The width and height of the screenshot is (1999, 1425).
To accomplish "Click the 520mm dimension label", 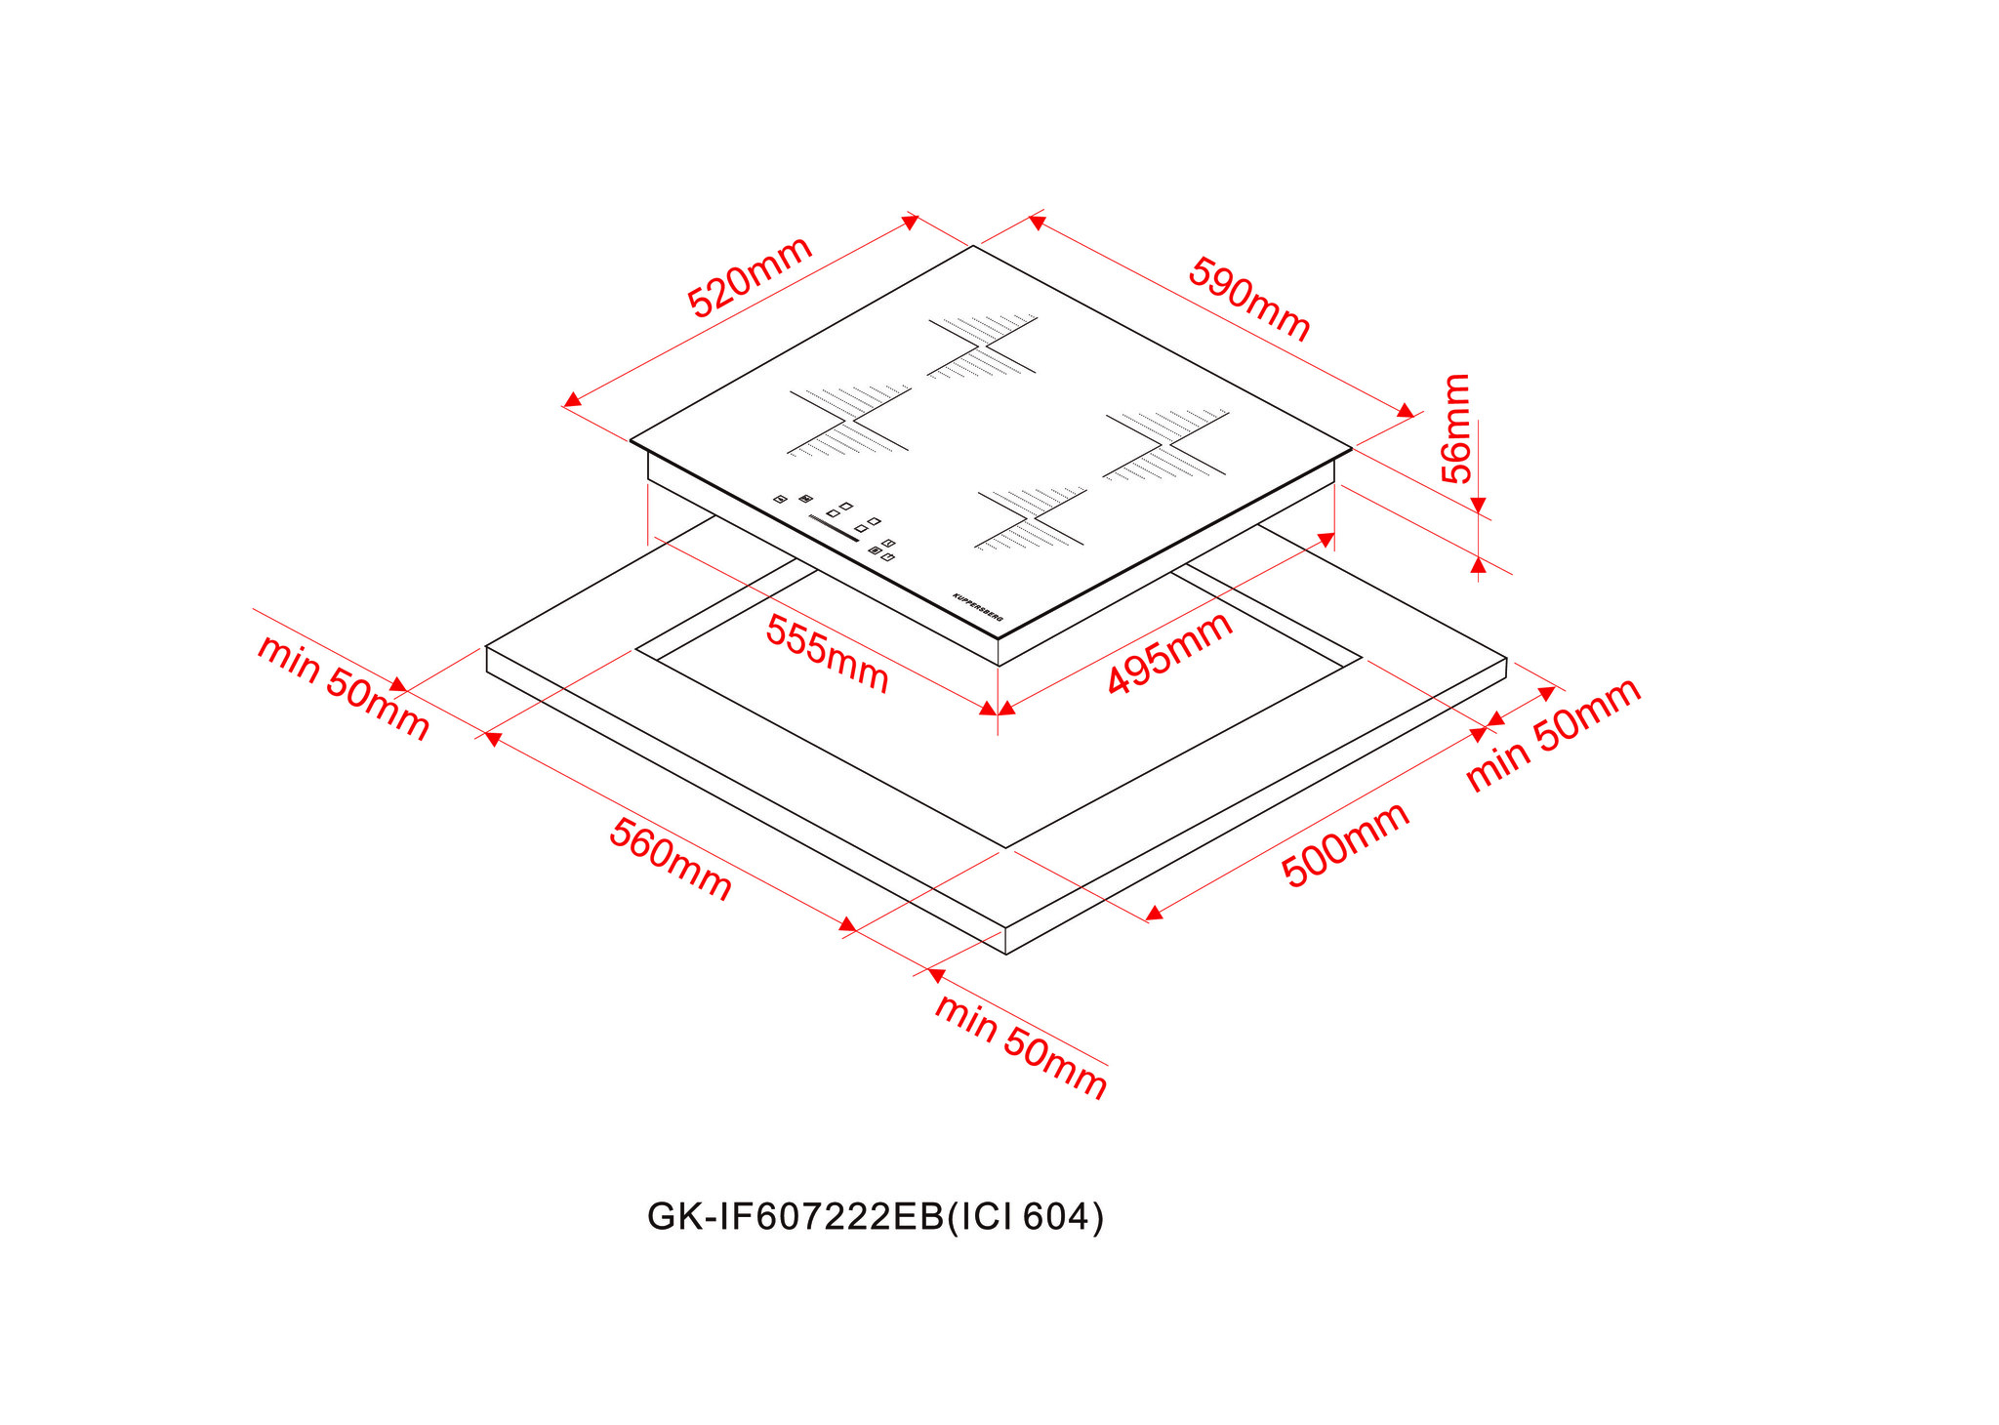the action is click(750, 276).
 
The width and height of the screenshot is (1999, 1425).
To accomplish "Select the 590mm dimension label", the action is click(1248, 298).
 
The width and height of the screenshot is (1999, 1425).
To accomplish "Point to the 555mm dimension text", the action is click(827, 653).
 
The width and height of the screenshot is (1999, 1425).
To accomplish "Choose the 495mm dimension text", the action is click(1169, 652).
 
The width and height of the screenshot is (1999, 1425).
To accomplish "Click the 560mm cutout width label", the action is click(670, 859).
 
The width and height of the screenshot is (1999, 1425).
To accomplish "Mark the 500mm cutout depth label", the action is click(1345, 844).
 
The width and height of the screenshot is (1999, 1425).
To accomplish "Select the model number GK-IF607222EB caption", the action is click(796, 1217).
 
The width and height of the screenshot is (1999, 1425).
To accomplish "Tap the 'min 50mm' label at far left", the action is click(343, 687).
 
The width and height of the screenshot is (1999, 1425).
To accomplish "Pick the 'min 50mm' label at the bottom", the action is click(1021, 1046).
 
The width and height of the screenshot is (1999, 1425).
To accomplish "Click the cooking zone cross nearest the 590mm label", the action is click(982, 346).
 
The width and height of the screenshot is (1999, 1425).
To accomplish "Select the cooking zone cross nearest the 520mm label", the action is click(849, 421).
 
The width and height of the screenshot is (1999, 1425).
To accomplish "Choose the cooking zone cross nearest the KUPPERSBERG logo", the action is click(1031, 518).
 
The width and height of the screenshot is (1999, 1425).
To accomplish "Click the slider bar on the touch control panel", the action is click(834, 531).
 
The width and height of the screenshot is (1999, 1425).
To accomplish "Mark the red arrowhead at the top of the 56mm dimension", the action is click(1478, 505).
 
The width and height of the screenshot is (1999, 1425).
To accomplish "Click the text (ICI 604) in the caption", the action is click(1026, 1217).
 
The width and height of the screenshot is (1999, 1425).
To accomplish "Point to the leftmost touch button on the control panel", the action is click(780, 499).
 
